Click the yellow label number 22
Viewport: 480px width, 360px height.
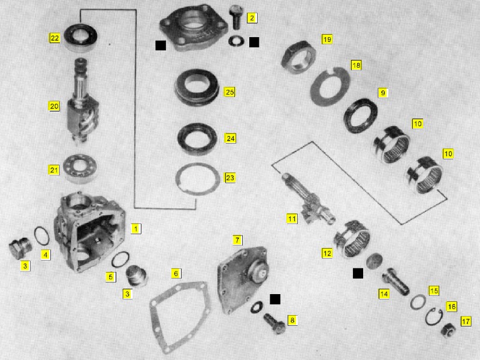(55, 38)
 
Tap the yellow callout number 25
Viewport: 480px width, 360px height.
(230, 92)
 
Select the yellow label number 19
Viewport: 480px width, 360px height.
(327, 39)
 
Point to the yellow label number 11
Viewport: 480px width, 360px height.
(292, 219)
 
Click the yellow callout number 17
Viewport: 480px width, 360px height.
(466, 321)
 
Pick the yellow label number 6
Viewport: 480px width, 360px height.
(176, 273)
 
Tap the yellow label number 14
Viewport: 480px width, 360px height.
(384, 294)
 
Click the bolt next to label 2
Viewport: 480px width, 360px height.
(236, 17)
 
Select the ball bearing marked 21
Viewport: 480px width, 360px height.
(80, 169)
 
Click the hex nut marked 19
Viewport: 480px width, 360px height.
(298, 57)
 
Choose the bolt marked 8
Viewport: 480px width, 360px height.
(274, 324)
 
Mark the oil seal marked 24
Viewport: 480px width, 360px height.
(198, 139)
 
